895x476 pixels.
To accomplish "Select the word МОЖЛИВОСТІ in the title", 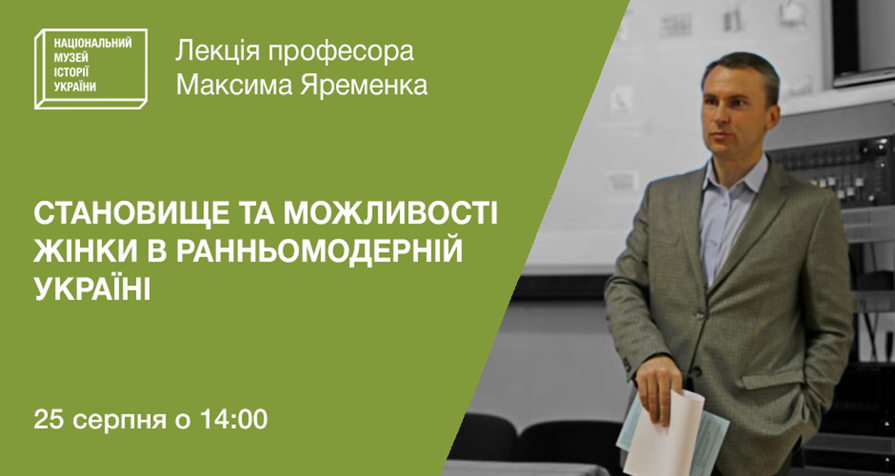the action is point(391,214).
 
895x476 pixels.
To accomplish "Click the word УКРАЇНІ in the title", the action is point(93,289).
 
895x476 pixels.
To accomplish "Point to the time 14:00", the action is point(233,419).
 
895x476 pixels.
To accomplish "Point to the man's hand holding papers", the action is point(660,388).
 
